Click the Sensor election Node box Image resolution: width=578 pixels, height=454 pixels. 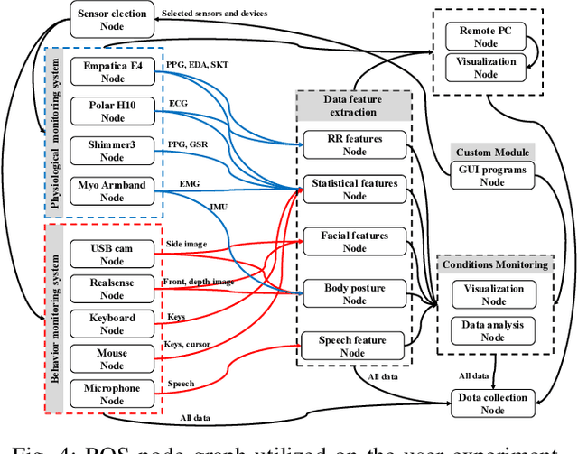tap(112, 20)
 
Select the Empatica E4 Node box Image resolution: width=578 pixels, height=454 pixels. tap(112, 71)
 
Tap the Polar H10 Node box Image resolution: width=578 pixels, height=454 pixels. tap(112, 111)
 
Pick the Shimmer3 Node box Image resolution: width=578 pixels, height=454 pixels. tap(112, 150)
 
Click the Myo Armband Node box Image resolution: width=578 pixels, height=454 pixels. tap(112, 191)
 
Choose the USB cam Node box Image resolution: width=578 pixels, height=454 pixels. tap(112, 254)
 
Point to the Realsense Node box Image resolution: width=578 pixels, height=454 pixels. tap(112, 289)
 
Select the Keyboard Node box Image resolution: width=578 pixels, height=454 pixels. tap(112, 324)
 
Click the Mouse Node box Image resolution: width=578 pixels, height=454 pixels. tap(112, 359)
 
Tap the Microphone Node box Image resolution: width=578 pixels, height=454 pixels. tap(112, 394)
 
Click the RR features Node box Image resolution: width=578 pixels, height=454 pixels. tap(354, 145)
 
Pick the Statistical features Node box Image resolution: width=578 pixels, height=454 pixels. tap(354, 190)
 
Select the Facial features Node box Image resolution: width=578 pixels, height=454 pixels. tap(354, 242)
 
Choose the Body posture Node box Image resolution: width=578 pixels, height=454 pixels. tap(354, 294)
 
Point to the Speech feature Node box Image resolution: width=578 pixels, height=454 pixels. tap(354, 347)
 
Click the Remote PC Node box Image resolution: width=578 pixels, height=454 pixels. tap(485, 36)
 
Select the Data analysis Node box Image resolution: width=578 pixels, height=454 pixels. tap(493, 330)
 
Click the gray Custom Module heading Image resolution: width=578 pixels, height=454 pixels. tap(492, 152)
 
